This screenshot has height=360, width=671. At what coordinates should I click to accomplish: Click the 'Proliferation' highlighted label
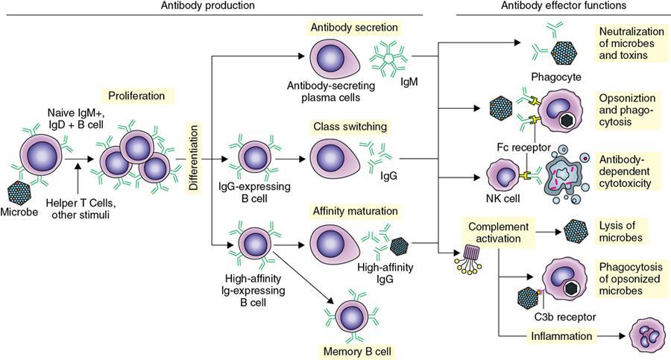click(x=142, y=96)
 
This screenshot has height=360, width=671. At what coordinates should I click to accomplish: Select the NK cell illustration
click(x=503, y=176)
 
